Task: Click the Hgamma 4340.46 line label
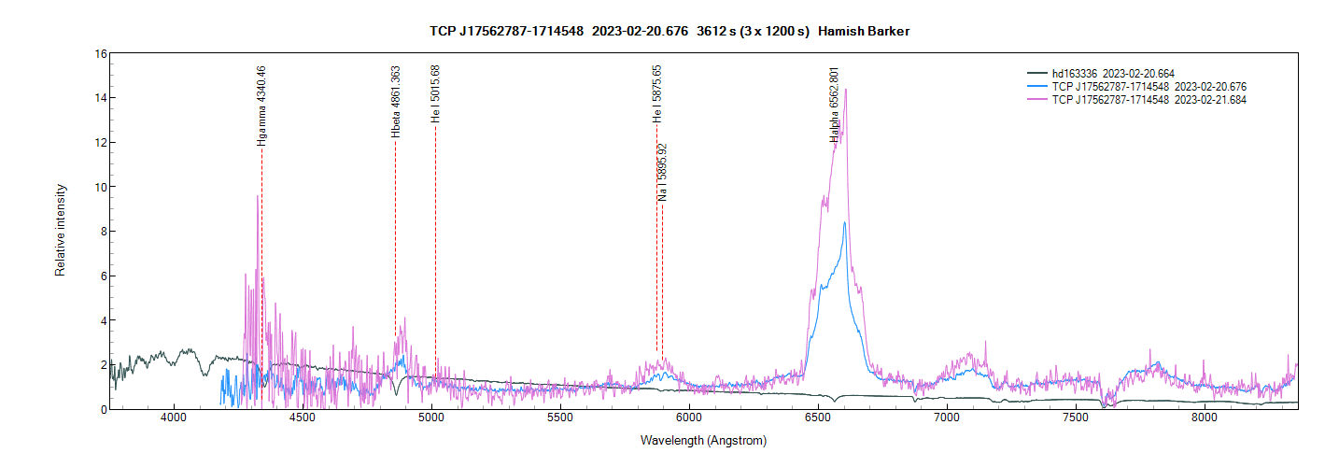coord(262,106)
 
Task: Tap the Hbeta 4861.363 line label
coord(396,103)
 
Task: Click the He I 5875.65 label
coord(657,94)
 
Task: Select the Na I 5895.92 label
coord(662,173)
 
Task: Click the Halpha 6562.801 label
coord(834,105)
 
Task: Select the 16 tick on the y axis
coord(101,53)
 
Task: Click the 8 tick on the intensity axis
coord(104,232)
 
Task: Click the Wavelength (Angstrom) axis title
coord(703,440)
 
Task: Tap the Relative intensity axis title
coord(61,231)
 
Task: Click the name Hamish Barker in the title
coord(864,32)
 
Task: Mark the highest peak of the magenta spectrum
coord(846,90)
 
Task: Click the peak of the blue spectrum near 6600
coord(844,222)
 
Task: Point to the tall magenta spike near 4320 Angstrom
coord(257,196)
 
